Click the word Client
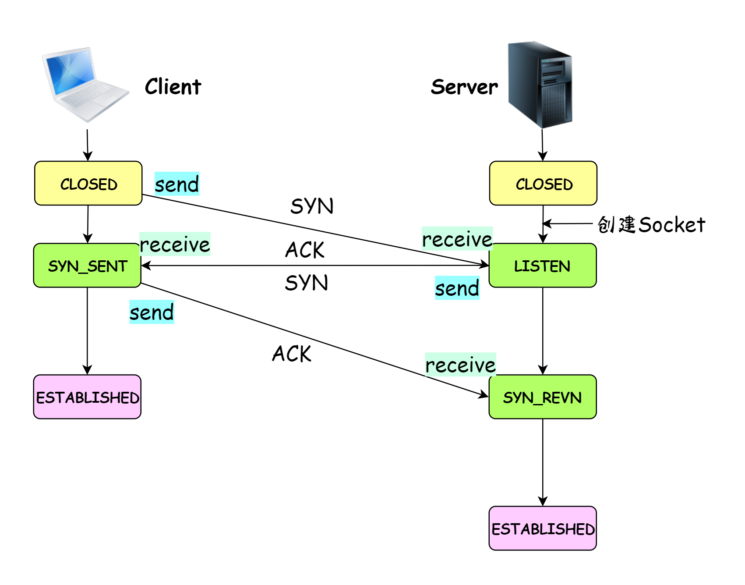pos(173,87)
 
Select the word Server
pos(464,87)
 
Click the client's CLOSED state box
pos(88,184)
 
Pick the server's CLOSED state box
pos(543,184)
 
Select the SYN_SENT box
pos(88,266)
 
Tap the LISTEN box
pos(543,266)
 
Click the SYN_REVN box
pos(543,397)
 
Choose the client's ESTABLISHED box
pos(88,397)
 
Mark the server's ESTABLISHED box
pos(543,528)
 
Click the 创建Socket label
pos(651,224)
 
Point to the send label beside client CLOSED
pos(177,184)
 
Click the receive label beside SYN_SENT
pos(175,244)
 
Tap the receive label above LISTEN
pos(457,239)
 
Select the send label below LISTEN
pos(457,288)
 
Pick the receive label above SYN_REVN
pos(460,365)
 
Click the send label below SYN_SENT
pos(152,312)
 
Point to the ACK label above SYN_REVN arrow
pos(292,354)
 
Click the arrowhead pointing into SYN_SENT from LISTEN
pos(146,266)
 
